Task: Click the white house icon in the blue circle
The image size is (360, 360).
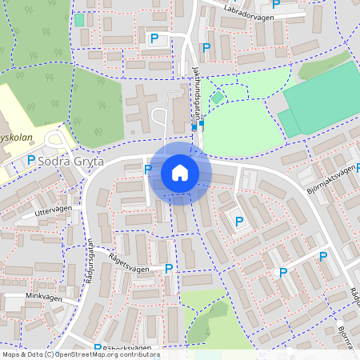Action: point(180,173)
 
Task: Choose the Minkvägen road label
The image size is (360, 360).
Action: point(43,295)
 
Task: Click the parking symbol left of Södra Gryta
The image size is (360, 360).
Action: point(31,160)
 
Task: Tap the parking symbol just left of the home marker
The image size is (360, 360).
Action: point(147,169)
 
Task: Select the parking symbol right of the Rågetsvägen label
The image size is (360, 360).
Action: point(168,269)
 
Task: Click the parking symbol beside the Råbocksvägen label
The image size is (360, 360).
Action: point(98,348)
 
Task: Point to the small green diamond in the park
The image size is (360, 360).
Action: point(217,98)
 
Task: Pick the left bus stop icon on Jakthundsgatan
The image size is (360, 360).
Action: point(194,126)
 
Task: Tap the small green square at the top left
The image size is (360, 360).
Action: point(79,18)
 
